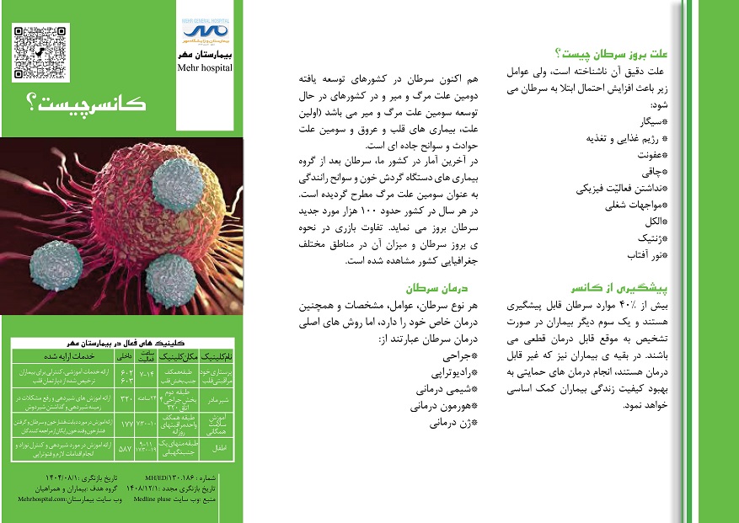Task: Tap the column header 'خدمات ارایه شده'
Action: pyautogui.click(x=65, y=356)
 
